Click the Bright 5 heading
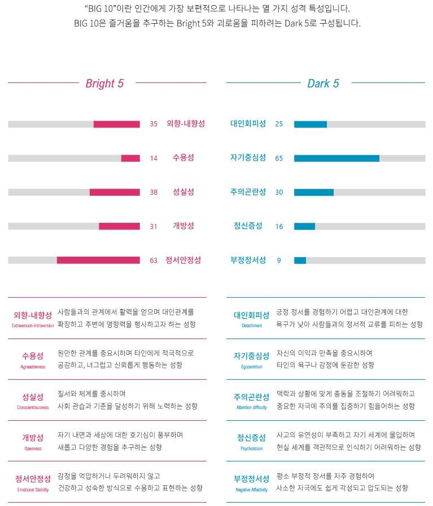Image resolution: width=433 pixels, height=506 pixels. point(104,83)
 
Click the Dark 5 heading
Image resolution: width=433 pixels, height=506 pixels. point(323,83)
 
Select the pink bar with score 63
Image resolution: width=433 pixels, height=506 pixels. point(98,260)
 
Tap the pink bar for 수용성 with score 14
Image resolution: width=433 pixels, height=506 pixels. point(131,158)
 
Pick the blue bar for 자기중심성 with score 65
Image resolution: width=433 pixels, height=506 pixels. point(337,158)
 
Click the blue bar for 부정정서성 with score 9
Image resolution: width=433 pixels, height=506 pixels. point(300,260)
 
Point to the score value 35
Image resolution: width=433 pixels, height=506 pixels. point(154,124)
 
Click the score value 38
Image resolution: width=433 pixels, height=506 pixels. point(154,192)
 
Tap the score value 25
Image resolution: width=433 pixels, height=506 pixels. point(279,124)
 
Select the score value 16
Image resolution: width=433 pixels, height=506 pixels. point(279,227)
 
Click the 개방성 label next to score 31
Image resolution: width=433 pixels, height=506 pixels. point(183,226)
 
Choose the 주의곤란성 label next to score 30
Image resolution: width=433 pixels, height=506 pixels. point(248,192)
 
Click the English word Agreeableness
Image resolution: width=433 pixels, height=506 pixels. point(33,367)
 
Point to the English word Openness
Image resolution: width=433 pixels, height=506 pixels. point(33,448)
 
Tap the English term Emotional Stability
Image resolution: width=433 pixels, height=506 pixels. point(33,490)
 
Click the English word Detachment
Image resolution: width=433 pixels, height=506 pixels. point(252,325)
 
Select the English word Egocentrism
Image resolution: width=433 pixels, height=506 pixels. point(252,367)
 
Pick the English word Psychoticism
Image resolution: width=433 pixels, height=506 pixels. point(252,448)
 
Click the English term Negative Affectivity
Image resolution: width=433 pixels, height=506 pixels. point(252,490)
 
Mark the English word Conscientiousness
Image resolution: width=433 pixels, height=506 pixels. point(33,408)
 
